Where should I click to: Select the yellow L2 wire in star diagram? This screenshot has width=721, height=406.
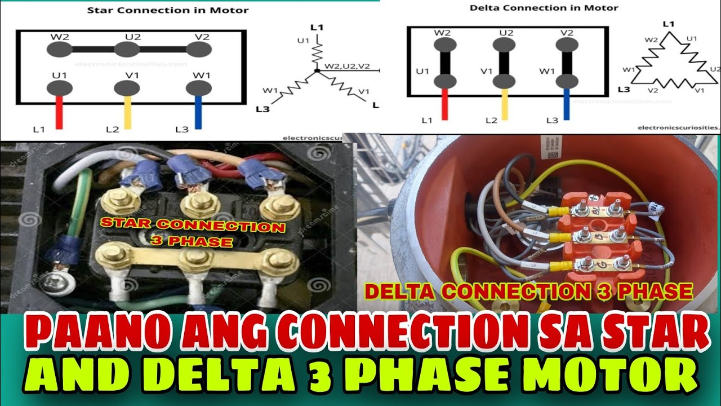(x=128, y=113)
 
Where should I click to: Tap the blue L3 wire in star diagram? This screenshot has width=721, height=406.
(x=198, y=113)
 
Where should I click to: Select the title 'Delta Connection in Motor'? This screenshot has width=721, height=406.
(x=544, y=8)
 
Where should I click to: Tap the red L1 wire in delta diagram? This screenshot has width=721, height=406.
(x=444, y=105)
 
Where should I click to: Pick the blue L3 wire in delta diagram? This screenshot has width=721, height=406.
(x=566, y=105)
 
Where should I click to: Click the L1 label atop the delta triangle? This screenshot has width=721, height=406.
(x=669, y=24)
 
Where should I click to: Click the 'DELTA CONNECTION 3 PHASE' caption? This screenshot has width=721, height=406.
(x=528, y=292)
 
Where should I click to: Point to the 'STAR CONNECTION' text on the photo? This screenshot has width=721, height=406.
(x=193, y=226)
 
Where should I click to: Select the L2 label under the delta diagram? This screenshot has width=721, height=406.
(x=492, y=121)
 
